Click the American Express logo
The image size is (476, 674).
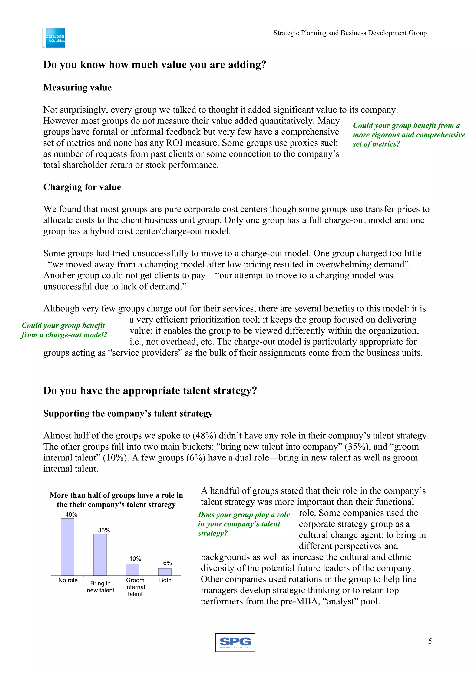(54, 38)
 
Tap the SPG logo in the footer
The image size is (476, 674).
(235, 642)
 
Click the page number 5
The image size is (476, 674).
(430, 641)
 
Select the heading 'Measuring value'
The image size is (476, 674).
(77, 87)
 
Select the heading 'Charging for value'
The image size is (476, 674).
(82, 187)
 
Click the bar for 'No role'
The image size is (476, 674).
(67, 547)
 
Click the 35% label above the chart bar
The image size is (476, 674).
(104, 530)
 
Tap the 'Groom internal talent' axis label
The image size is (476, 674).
(135, 587)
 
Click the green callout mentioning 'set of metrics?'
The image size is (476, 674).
(409, 135)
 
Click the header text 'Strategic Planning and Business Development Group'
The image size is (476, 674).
(350, 33)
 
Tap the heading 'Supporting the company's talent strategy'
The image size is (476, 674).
(128, 413)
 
